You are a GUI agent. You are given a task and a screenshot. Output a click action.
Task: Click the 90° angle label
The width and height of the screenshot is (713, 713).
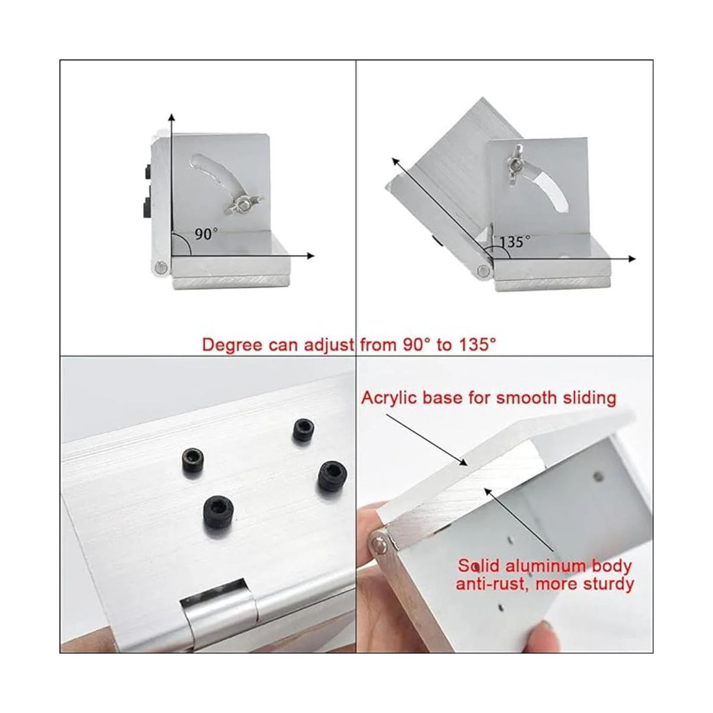[x=206, y=234]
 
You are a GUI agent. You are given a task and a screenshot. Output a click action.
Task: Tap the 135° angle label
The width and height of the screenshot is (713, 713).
[x=515, y=242]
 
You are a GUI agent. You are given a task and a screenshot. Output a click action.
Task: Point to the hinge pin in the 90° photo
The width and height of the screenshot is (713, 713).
[x=162, y=266]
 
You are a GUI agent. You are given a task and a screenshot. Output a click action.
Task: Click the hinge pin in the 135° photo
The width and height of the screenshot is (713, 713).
[x=482, y=270]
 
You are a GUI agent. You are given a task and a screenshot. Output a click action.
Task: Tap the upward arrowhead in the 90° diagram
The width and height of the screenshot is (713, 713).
[x=171, y=118]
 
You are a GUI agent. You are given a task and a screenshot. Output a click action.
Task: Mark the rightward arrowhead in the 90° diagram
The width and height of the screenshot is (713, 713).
[x=310, y=255]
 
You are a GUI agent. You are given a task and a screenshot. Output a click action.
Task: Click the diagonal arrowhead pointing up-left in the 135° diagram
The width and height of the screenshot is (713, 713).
[x=396, y=162]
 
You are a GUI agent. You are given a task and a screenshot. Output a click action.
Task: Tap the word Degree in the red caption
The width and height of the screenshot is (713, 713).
[x=233, y=345]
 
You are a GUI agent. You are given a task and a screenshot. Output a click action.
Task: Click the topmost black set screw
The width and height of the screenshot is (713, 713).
[x=304, y=430]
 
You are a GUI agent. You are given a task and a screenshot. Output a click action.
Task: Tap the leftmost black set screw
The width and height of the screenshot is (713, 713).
[x=193, y=460]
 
